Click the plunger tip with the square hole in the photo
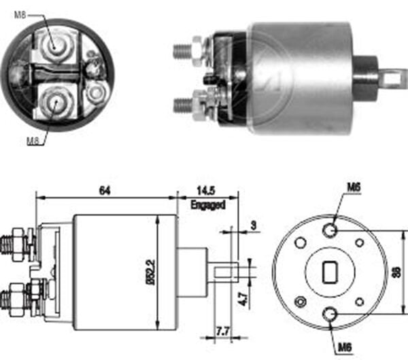(390, 78)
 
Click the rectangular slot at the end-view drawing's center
(330, 272)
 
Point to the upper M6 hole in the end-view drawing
(330, 230)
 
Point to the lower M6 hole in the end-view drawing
(330, 313)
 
